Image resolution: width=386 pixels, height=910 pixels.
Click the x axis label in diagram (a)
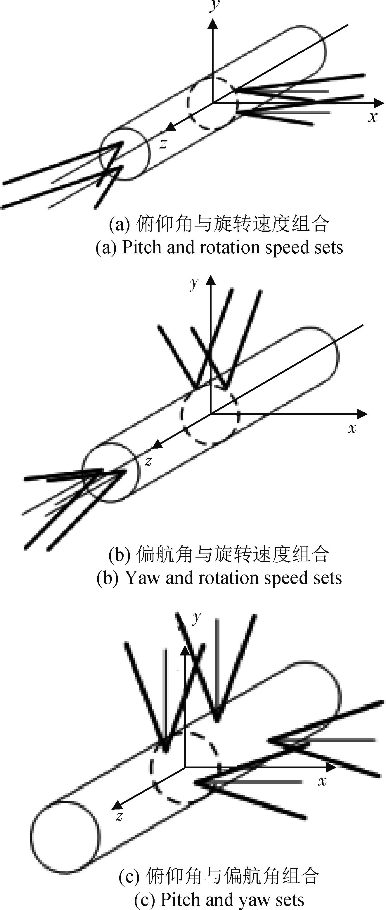(x=373, y=117)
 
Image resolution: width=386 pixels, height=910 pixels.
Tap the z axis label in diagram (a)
(x=163, y=143)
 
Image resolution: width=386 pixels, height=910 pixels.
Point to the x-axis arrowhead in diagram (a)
(x=379, y=103)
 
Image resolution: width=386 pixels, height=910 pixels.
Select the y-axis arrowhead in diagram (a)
(x=213, y=23)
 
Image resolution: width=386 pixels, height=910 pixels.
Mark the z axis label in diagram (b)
(x=149, y=461)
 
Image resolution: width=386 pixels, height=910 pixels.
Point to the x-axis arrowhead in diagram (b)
(x=362, y=414)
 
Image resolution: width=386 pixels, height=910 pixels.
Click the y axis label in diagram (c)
(x=196, y=617)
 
